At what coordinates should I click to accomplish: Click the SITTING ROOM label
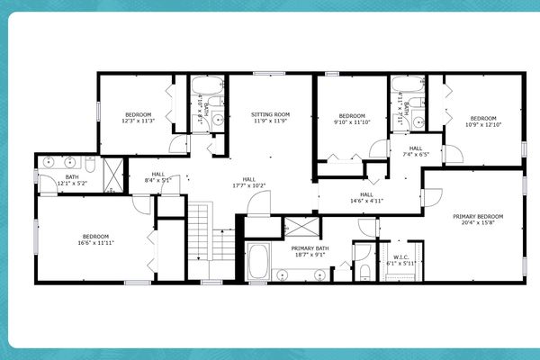coord(270,114)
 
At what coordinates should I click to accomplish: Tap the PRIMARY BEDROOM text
coord(478,217)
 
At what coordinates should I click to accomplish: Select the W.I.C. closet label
coord(401,257)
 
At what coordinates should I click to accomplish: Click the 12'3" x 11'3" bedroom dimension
coord(139,121)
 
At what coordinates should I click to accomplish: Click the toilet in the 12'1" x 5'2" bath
coord(90,163)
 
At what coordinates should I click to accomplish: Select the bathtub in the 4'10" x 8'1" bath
coord(208,88)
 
